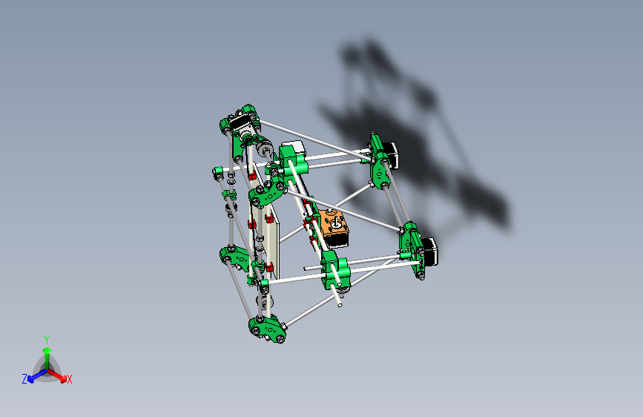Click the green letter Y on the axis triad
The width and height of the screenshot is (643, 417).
pyautogui.click(x=46, y=338)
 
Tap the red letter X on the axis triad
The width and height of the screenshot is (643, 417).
pyautogui.click(x=70, y=379)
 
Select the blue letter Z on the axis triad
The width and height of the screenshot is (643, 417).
pyautogui.click(x=24, y=378)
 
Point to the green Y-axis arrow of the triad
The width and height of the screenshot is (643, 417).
pyautogui.click(x=47, y=353)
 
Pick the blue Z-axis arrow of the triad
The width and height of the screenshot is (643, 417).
pyautogui.click(x=34, y=375)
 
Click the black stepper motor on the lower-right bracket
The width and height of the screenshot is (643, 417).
pyautogui.click(x=430, y=252)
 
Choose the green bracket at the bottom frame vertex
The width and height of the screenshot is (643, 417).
pyautogui.click(x=268, y=329)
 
